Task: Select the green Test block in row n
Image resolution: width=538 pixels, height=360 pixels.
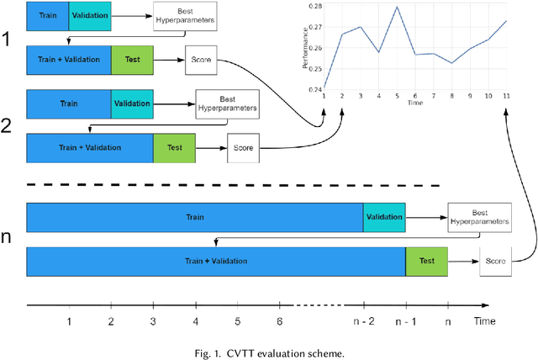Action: (x=426, y=261)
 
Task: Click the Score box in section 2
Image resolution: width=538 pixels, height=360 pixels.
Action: (x=243, y=148)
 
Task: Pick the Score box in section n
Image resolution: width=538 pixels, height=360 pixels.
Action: (x=496, y=262)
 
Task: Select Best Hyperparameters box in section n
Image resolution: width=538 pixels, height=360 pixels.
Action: (x=479, y=217)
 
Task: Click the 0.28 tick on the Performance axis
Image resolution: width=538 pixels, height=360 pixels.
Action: (x=314, y=6)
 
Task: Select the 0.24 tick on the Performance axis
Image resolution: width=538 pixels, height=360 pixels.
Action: (x=314, y=89)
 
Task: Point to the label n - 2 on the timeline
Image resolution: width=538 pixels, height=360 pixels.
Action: (x=363, y=320)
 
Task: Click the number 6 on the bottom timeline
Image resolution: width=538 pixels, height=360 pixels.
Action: (x=279, y=320)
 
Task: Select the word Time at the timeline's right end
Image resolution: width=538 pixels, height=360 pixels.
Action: (x=484, y=320)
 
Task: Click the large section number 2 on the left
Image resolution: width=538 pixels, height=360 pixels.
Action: (x=8, y=127)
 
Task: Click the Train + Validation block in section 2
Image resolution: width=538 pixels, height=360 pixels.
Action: (x=89, y=148)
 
